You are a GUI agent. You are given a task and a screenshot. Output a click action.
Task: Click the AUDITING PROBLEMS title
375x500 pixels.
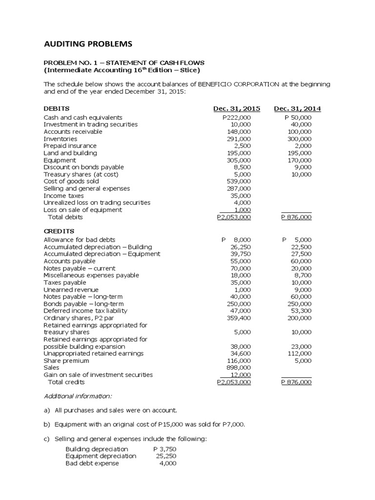pyautogui.click(x=88, y=44)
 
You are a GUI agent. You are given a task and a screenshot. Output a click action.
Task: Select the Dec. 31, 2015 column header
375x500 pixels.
pyautogui.click(x=237, y=108)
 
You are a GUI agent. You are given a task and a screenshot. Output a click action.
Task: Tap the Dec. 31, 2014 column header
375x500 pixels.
pyautogui.click(x=297, y=108)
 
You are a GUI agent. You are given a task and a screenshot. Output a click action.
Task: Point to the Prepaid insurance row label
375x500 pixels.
pyautogui.click(x=70, y=146)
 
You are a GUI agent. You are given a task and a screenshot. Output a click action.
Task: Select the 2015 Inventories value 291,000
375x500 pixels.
pyautogui.click(x=239, y=139)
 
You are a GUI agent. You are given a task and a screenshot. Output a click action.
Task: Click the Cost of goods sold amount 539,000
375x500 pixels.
pyautogui.click(x=239, y=181)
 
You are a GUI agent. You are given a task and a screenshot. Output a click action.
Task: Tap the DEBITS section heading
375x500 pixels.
pyautogui.click(x=57, y=108)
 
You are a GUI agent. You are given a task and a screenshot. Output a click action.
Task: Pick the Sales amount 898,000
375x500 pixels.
pyautogui.click(x=239, y=367)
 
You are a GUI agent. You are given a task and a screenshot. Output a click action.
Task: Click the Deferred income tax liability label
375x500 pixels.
pyautogui.click(x=85, y=311)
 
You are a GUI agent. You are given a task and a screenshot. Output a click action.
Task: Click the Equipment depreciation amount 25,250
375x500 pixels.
pyautogui.click(x=167, y=456)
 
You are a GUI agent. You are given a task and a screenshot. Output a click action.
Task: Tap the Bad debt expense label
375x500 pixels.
pyautogui.click(x=92, y=463)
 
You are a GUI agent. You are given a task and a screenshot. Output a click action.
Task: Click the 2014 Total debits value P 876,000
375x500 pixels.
pyautogui.click(x=296, y=217)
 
